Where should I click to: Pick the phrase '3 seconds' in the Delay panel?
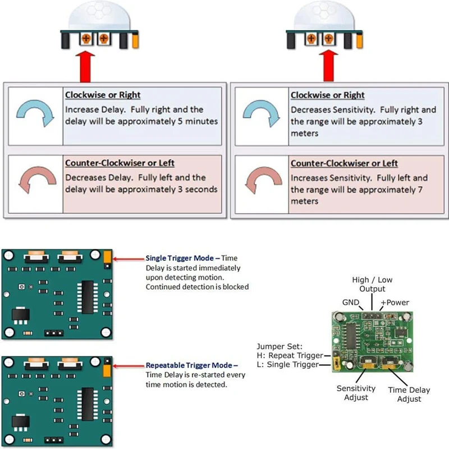pos(198,189)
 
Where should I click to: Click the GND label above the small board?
pos(351,303)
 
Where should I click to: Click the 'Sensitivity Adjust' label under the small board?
pos(356,393)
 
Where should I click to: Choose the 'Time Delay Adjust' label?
pos(409,394)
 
